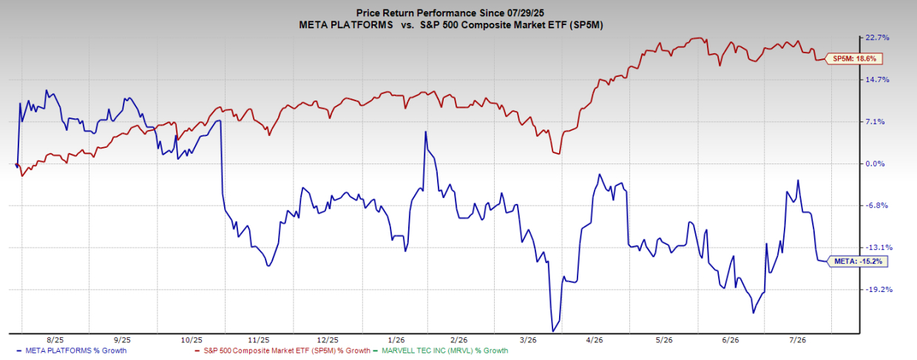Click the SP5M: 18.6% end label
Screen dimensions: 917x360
pyautogui.click(x=853, y=59)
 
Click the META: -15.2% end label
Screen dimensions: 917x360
pyautogui.click(x=858, y=262)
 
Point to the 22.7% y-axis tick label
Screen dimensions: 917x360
pyautogui.click(x=877, y=38)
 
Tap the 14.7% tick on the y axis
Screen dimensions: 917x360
pyautogui.click(x=877, y=79)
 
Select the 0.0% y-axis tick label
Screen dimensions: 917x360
pyautogui.click(x=875, y=163)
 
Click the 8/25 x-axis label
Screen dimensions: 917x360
pyautogui.click(x=55, y=340)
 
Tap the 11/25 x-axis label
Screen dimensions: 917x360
pyautogui.click(x=259, y=340)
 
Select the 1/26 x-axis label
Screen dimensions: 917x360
pyautogui.click(x=396, y=340)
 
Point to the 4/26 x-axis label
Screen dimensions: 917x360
pyautogui.click(x=595, y=340)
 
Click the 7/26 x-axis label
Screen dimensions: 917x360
pyautogui.click(x=797, y=340)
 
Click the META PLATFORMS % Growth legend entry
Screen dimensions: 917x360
pyautogui.click(x=72, y=350)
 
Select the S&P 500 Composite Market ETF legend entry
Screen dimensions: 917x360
pyautogui.click(x=283, y=350)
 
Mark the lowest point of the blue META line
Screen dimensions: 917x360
pyautogui.click(x=552, y=331)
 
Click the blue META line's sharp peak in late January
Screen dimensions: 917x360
pyautogui.click(x=425, y=132)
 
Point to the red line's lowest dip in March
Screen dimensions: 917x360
pyautogui.click(x=559, y=154)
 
